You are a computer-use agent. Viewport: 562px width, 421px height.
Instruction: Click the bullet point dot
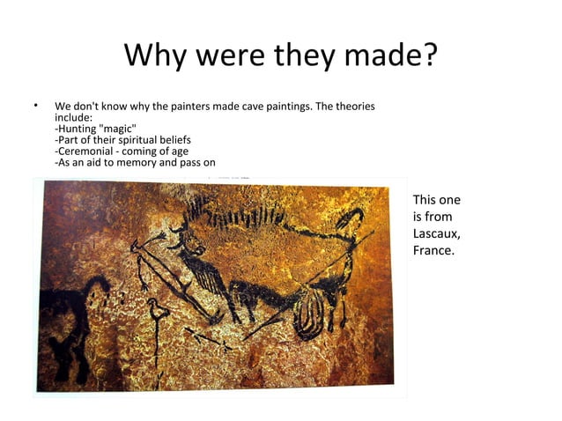pos(36,107)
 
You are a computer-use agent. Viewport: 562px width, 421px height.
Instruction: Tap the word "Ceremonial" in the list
pos(87,151)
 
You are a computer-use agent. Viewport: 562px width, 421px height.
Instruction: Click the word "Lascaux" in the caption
pos(435,233)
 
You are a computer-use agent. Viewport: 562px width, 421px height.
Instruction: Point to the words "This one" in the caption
pos(436,200)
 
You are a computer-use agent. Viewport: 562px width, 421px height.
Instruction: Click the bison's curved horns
pos(351,219)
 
